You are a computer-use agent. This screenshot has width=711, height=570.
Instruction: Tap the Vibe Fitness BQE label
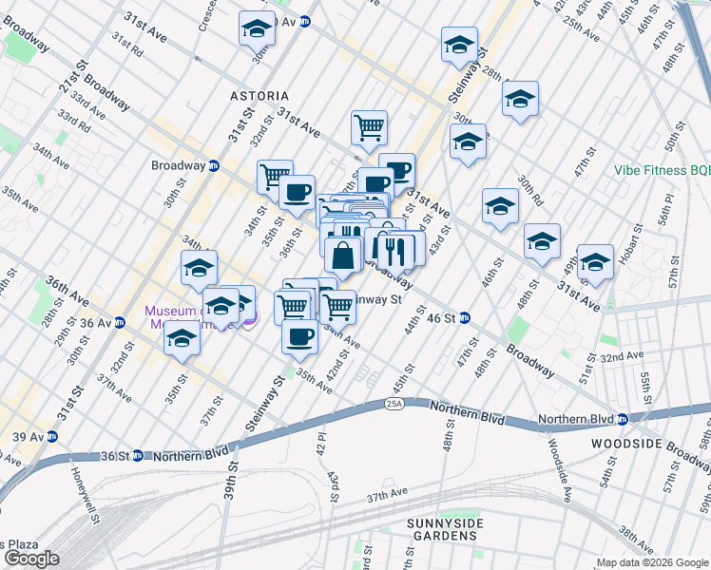[662, 170]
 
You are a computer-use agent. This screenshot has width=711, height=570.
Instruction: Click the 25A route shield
[395, 404]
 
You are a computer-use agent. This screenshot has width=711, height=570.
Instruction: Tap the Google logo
[31, 559]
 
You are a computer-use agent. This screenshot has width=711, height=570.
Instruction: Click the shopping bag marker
[343, 256]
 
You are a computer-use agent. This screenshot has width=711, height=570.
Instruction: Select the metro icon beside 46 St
[466, 317]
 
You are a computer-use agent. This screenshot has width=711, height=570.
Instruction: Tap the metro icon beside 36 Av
[119, 322]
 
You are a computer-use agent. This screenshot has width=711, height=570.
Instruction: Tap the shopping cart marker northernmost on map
[369, 125]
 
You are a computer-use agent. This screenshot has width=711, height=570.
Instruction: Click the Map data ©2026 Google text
[651, 562]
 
